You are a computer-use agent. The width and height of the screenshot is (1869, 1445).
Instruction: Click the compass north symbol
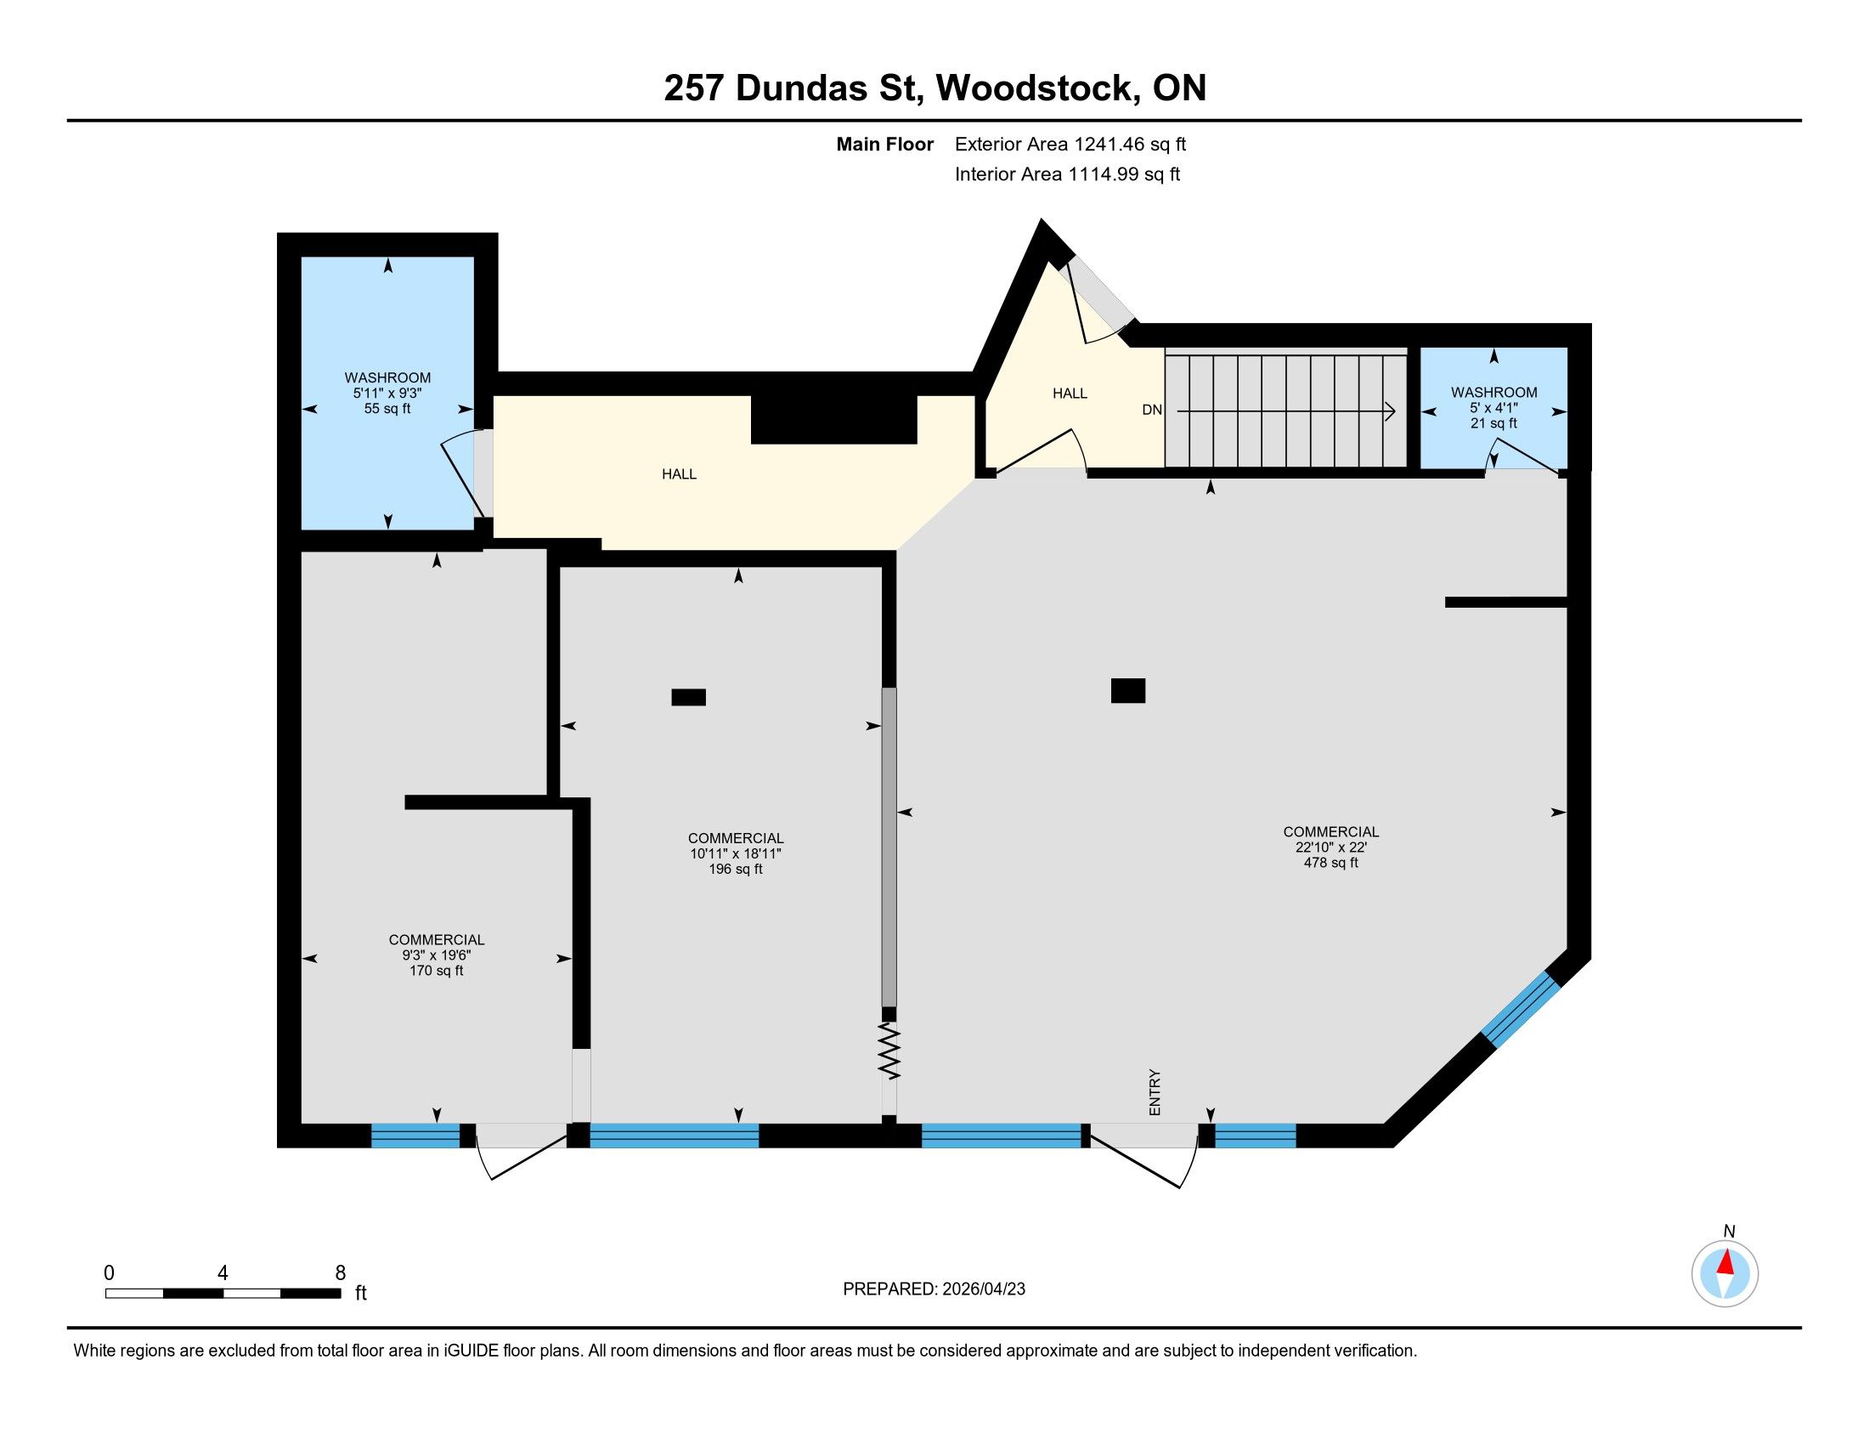coord(1725,1275)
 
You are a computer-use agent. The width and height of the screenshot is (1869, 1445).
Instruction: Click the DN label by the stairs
coord(1152,410)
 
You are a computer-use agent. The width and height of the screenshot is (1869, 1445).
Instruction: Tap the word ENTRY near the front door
coord(1155,1091)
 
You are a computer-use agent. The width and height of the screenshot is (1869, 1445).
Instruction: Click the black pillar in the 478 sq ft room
coord(1128,690)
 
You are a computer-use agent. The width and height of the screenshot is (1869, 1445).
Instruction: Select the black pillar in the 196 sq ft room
coord(688,697)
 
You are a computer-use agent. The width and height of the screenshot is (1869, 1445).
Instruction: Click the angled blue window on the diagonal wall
coord(1521,1010)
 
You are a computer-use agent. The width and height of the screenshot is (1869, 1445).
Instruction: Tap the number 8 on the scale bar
coord(341,1273)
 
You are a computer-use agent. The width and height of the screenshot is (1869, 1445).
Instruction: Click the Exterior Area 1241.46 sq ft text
coord(1070,144)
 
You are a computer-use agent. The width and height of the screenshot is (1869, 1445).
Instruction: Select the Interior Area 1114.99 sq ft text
coord(1067,173)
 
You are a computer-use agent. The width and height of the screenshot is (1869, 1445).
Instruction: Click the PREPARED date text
coord(934,1289)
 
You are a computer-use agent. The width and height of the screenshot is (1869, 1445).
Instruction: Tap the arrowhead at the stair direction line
coord(1391,411)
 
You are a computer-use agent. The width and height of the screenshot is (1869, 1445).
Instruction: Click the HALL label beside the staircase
coord(1070,393)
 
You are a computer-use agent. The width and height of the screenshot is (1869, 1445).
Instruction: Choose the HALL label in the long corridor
coord(679,474)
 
